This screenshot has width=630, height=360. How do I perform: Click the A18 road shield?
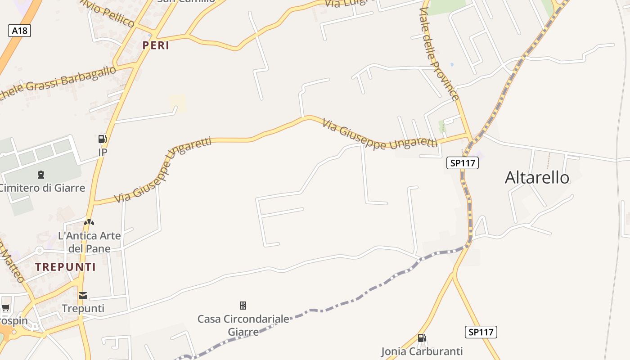pos(19,31)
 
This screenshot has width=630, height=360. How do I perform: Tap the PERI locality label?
pos(156,45)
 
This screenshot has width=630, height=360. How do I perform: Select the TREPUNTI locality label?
pos(66,267)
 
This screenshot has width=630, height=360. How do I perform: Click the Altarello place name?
pos(537,178)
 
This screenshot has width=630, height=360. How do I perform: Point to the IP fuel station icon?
pos(103,139)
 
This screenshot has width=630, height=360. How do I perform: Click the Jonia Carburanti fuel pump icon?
pos(422,338)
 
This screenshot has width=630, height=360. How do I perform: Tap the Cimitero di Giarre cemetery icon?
pos(41,174)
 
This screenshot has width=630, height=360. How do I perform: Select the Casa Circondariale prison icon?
pos(243,306)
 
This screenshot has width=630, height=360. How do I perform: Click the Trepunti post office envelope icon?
pos(83,296)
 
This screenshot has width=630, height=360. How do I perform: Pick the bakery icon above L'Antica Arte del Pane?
pos(89,222)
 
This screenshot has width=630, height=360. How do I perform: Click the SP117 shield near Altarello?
pos(462,163)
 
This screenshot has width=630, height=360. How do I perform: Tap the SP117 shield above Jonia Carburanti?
pos(481,332)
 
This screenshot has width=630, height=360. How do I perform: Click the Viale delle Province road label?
pos(440,54)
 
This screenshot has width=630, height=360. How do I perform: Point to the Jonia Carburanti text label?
pos(422,351)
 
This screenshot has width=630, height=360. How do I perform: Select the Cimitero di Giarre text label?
pos(42,188)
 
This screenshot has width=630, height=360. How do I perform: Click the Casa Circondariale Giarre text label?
pos(243,325)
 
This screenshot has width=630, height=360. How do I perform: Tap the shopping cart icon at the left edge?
pos(5,308)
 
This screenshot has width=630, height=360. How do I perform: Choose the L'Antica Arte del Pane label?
pos(90,242)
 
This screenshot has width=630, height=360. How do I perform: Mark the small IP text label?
pos(103,153)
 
